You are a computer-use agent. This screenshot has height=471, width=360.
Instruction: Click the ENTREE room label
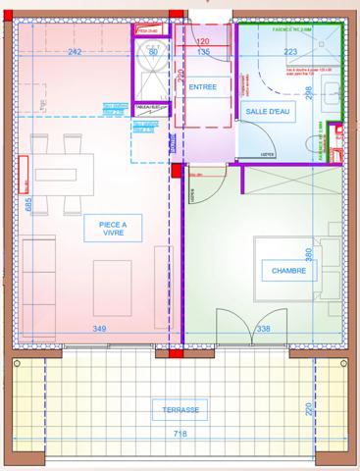(202, 87)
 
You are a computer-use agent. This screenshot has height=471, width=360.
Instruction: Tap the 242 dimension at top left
(75, 53)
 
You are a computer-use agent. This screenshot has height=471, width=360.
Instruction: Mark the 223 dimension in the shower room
(291, 53)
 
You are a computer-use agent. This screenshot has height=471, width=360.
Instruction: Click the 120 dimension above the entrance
(203, 42)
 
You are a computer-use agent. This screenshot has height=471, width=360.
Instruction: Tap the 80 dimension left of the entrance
(153, 53)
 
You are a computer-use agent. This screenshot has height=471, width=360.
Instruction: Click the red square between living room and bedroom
(177, 171)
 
